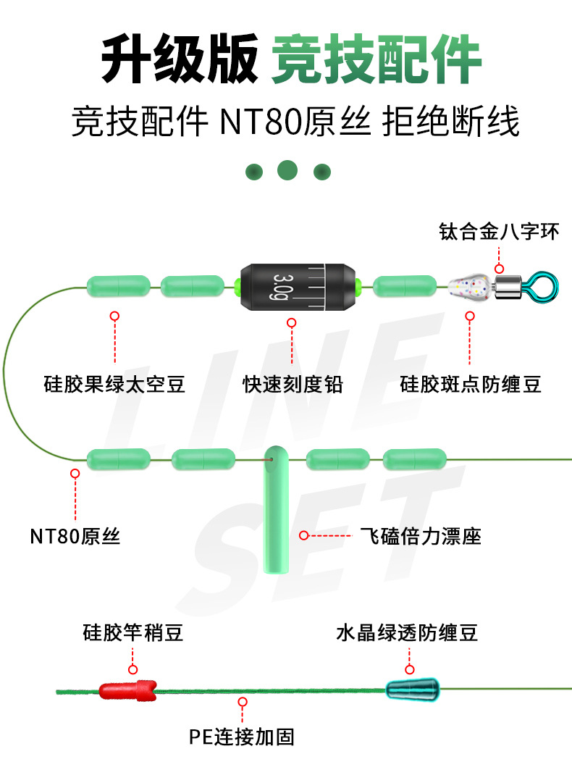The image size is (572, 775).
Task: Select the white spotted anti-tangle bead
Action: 468,288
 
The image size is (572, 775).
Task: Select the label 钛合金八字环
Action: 499,232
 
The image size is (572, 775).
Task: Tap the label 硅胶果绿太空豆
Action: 114,384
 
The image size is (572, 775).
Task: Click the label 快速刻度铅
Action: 292,384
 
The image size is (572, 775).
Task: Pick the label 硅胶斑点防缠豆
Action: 470,384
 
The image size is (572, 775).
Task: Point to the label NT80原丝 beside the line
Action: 75,536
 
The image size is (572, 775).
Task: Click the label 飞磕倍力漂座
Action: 420,536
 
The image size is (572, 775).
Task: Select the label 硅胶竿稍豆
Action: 133,633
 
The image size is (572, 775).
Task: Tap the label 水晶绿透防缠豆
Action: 407,633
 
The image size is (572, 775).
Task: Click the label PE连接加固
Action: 242,737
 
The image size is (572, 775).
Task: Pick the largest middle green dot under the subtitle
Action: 287,170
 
